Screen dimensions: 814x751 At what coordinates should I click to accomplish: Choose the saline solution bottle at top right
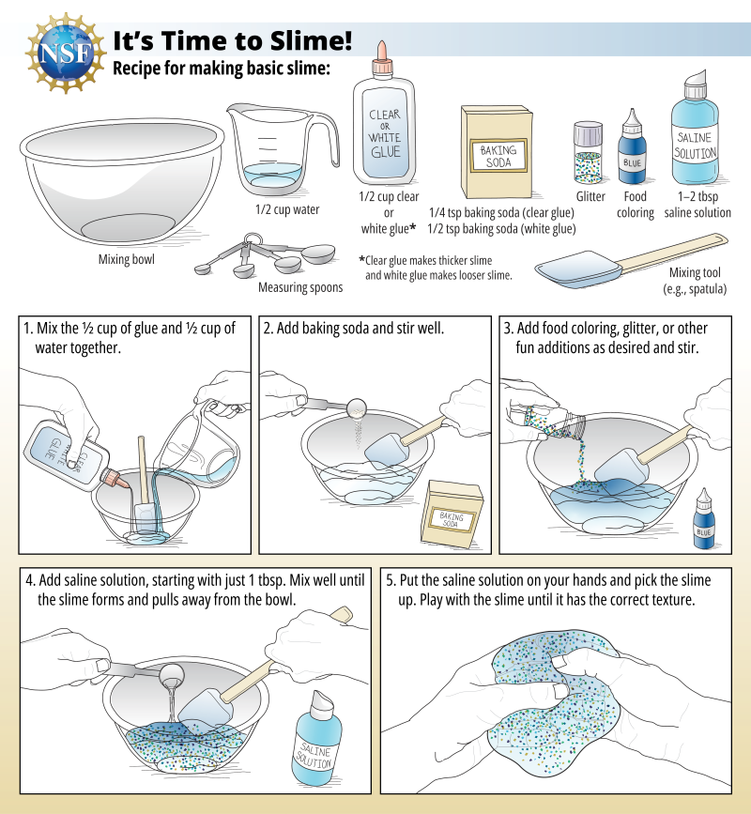point(695,136)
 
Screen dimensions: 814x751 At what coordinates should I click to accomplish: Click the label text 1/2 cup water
point(287,209)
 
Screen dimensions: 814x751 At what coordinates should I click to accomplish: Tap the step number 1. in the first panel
point(29,330)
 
